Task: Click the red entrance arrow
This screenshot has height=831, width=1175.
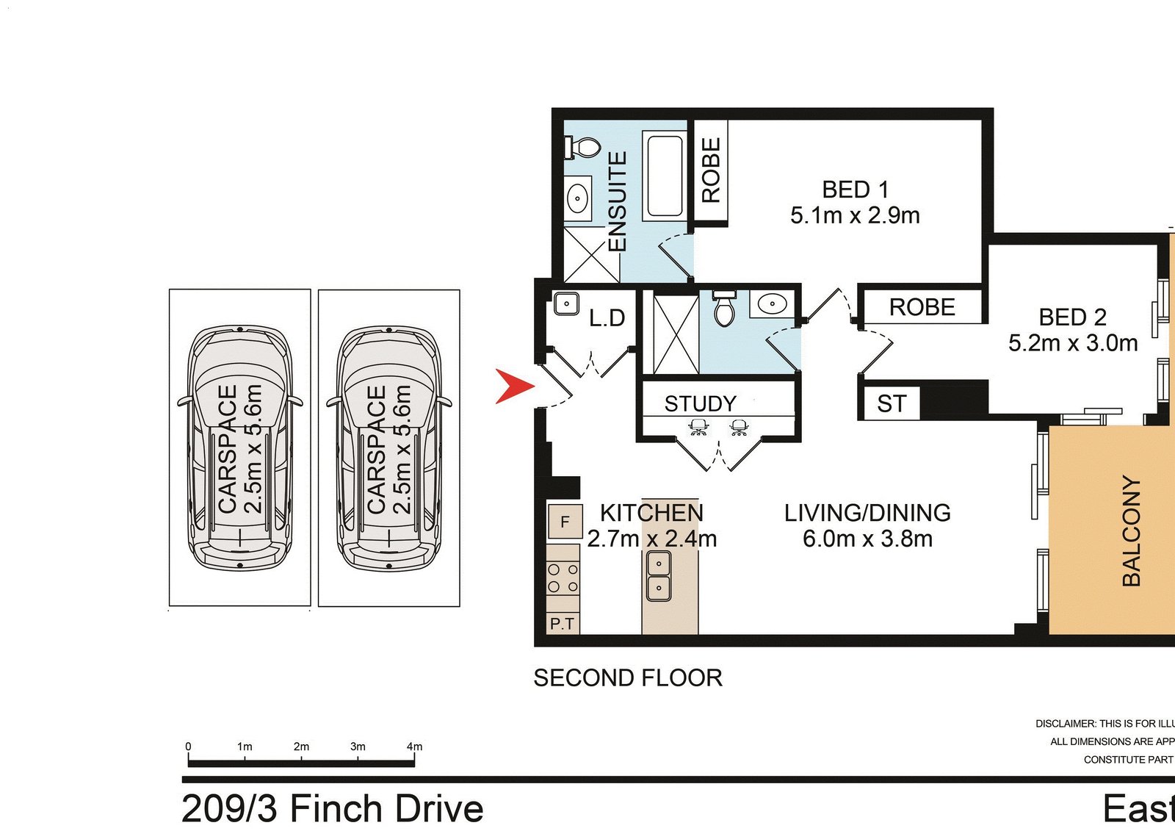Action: [514, 386]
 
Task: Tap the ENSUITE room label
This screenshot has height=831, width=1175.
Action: [618, 201]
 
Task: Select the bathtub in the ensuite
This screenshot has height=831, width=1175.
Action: [665, 175]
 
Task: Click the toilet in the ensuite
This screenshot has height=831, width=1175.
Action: [583, 146]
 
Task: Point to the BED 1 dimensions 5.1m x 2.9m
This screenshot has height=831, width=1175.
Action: [855, 215]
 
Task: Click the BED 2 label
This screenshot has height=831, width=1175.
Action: [1072, 317]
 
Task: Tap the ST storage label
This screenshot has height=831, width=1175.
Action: [892, 403]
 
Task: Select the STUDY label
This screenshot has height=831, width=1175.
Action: [700, 403]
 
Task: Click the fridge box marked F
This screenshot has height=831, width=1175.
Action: [565, 522]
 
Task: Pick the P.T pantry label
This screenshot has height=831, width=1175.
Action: [563, 624]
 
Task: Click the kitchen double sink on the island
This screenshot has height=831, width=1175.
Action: [658, 575]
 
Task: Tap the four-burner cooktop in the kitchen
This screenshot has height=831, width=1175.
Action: [563, 578]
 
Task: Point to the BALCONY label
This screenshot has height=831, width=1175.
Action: [1132, 530]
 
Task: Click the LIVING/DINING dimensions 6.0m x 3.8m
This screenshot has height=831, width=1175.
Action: [867, 539]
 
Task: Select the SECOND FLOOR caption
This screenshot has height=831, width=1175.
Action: [628, 677]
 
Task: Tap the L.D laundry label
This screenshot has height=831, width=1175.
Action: [607, 318]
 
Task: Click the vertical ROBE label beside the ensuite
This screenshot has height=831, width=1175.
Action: [711, 170]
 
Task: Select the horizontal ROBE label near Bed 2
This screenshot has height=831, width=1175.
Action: [922, 307]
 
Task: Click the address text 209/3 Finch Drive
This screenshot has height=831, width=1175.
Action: [332, 808]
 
